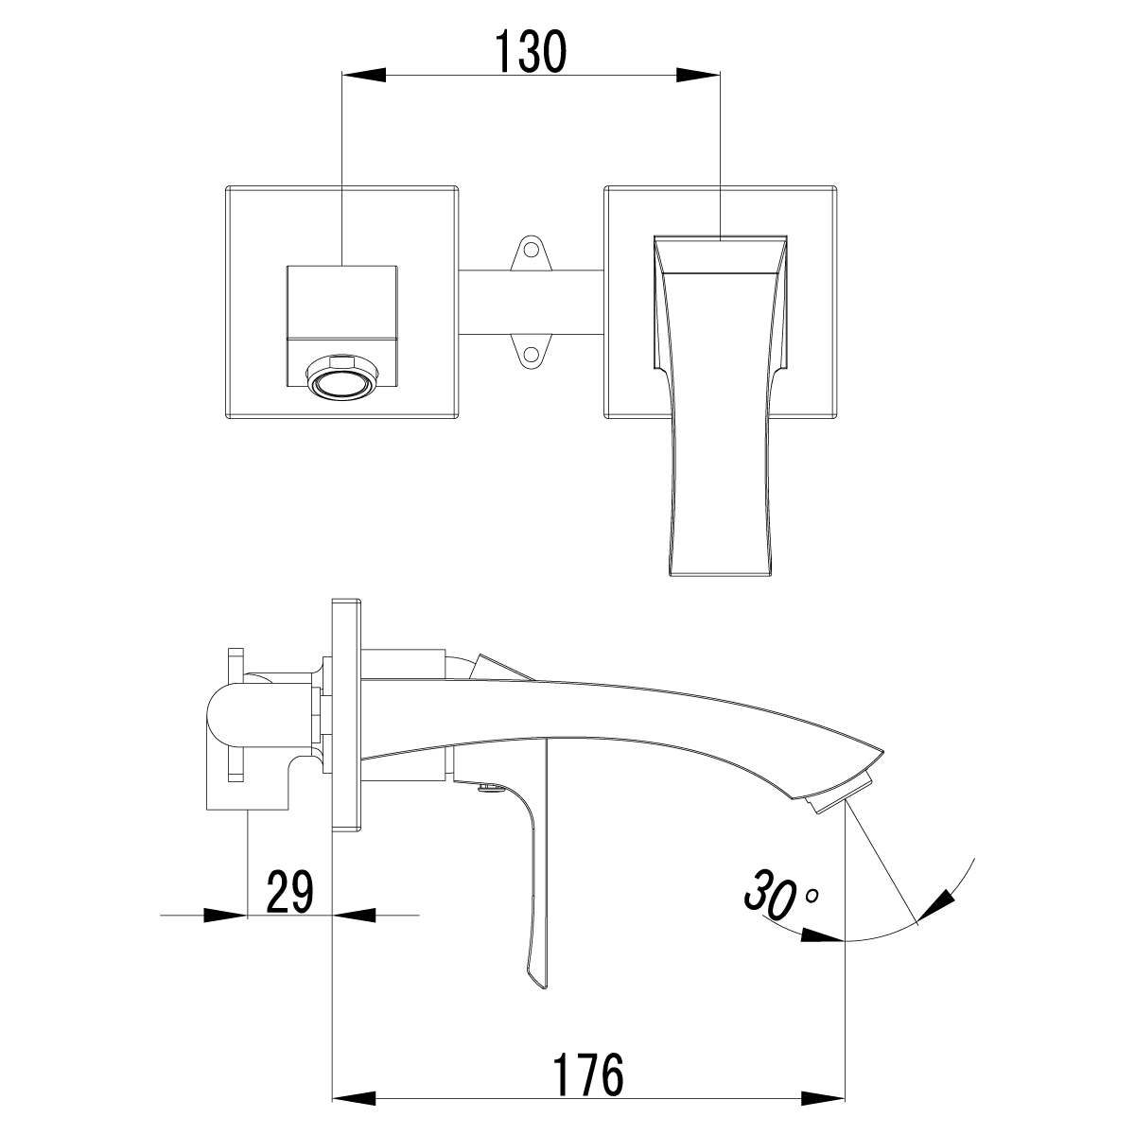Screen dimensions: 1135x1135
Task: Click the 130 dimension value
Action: [x=532, y=52]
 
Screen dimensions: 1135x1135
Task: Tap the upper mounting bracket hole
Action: [x=532, y=249]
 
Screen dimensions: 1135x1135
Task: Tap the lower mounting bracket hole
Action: [x=532, y=354]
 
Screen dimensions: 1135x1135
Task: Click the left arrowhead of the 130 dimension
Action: [x=364, y=75]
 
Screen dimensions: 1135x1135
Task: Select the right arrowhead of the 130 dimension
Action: [x=698, y=75]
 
